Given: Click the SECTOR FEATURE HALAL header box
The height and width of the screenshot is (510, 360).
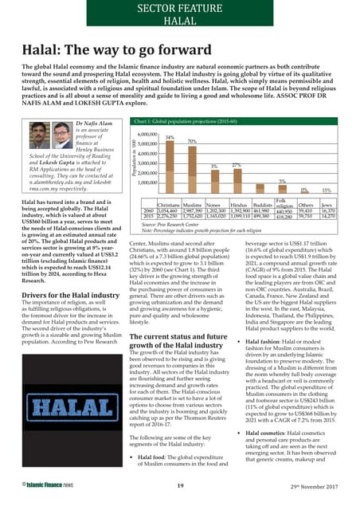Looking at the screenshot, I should point(179,15).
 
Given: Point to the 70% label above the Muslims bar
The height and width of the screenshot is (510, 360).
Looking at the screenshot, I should point(192,142).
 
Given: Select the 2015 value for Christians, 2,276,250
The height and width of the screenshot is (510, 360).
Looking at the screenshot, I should point(168,216).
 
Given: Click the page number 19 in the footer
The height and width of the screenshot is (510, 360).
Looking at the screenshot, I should point(181,485).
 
